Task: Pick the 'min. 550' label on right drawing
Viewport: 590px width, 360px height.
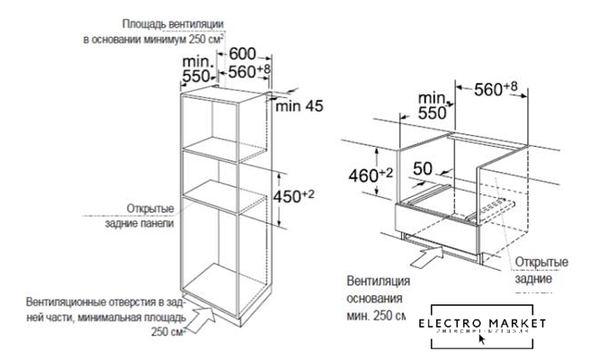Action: point(434,105)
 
